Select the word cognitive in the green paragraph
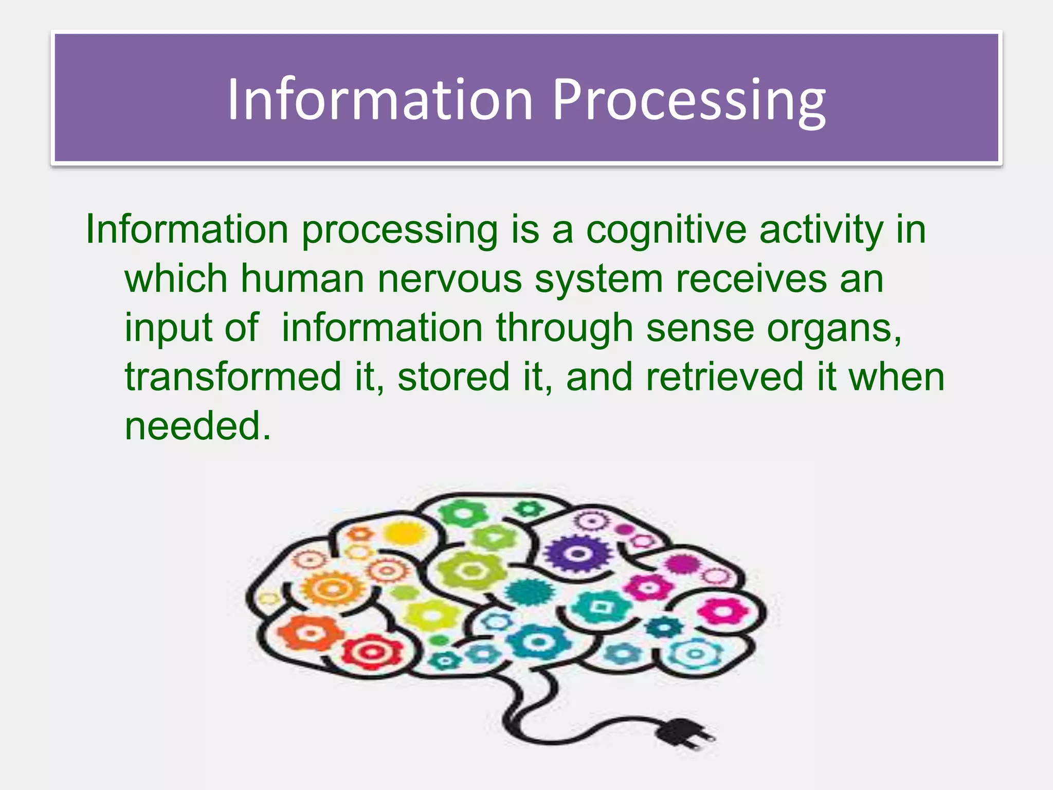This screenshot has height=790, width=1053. tap(666, 230)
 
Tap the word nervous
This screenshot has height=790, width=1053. tap(449, 279)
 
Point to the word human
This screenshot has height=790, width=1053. tap(302, 279)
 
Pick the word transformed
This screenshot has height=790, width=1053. tap(233, 377)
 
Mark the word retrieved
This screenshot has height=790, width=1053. tap(724, 377)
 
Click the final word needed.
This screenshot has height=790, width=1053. tap(197, 426)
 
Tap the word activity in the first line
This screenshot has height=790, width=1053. tap(821, 230)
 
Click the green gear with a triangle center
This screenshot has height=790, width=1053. tap(493, 538)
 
